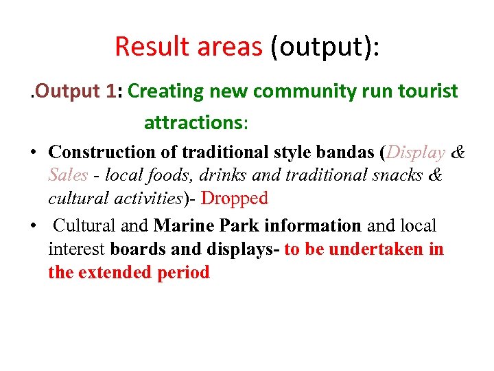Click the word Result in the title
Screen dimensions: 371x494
152,46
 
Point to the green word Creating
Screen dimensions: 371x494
165,91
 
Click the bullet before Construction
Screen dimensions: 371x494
33,152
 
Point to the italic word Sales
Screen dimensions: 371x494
68,175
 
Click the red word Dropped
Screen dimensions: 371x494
234,199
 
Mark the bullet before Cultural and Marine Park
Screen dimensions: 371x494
33,225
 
